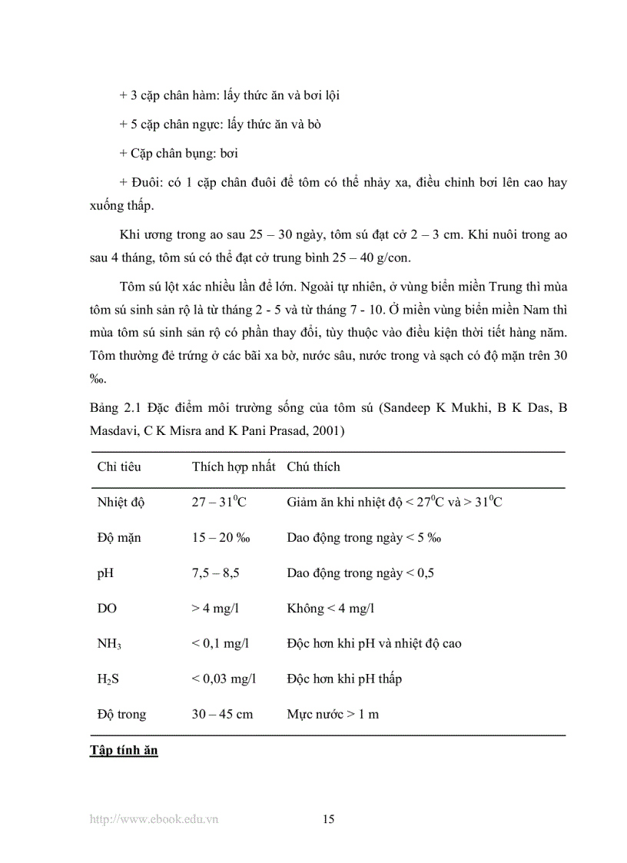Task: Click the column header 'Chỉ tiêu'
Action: (x=119, y=467)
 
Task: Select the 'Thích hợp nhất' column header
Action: (x=234, y=467)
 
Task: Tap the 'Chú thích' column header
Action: (x=313, y=467)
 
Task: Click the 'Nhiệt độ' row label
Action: (x=121, y=503)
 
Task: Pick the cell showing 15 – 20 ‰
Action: (x=221, y=538)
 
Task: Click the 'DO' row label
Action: (x=107, y=609)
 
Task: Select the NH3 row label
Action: (x=109, y=644)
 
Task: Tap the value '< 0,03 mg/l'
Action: (x=224, y=679)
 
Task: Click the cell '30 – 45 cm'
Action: (x=222, y=715)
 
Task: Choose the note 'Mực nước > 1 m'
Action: (x=333, y=715)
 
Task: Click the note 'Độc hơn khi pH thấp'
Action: (x=344, y=679)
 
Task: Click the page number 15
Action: (x=329, y=819)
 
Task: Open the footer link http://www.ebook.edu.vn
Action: (x=154, y=819)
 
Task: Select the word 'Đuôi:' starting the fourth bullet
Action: (x=140, y=183)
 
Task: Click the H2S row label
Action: (x=109, y=679)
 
